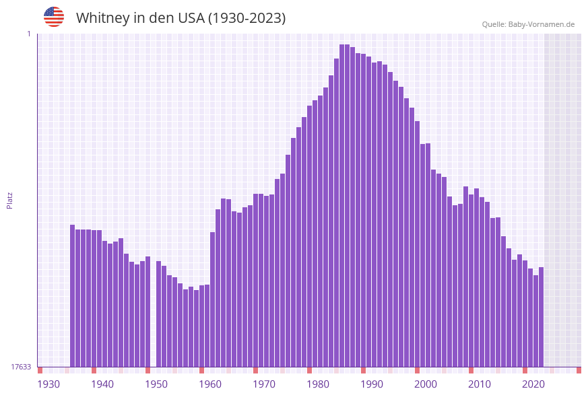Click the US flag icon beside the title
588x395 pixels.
[x=54, y=17]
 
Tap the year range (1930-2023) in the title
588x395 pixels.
[x=247, y=18]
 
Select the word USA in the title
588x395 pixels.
[x=190, y=18]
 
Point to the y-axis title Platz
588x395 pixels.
[x=10, y=200]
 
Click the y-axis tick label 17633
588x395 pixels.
[x=21, y=367]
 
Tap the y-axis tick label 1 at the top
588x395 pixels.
[x=28, y=34]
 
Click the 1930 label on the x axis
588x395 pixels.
[x=48, y=384]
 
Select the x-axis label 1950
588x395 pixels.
[x=156, y=384]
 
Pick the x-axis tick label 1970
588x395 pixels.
[x=264, y=384]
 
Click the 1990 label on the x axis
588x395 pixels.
[x=372, y=384]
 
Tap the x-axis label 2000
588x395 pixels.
[x=426, y=384]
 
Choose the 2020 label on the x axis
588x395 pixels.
[x=533, y=384]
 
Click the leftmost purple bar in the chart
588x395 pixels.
[x=73, y=295]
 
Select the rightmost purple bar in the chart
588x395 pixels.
[x=541, y=316]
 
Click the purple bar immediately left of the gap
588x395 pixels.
[x=148, y=311]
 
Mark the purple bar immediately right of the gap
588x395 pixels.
[x=159, y=314]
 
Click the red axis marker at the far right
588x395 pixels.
[x=579, y=370]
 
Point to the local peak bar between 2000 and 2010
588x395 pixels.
[x=465, y=276]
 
